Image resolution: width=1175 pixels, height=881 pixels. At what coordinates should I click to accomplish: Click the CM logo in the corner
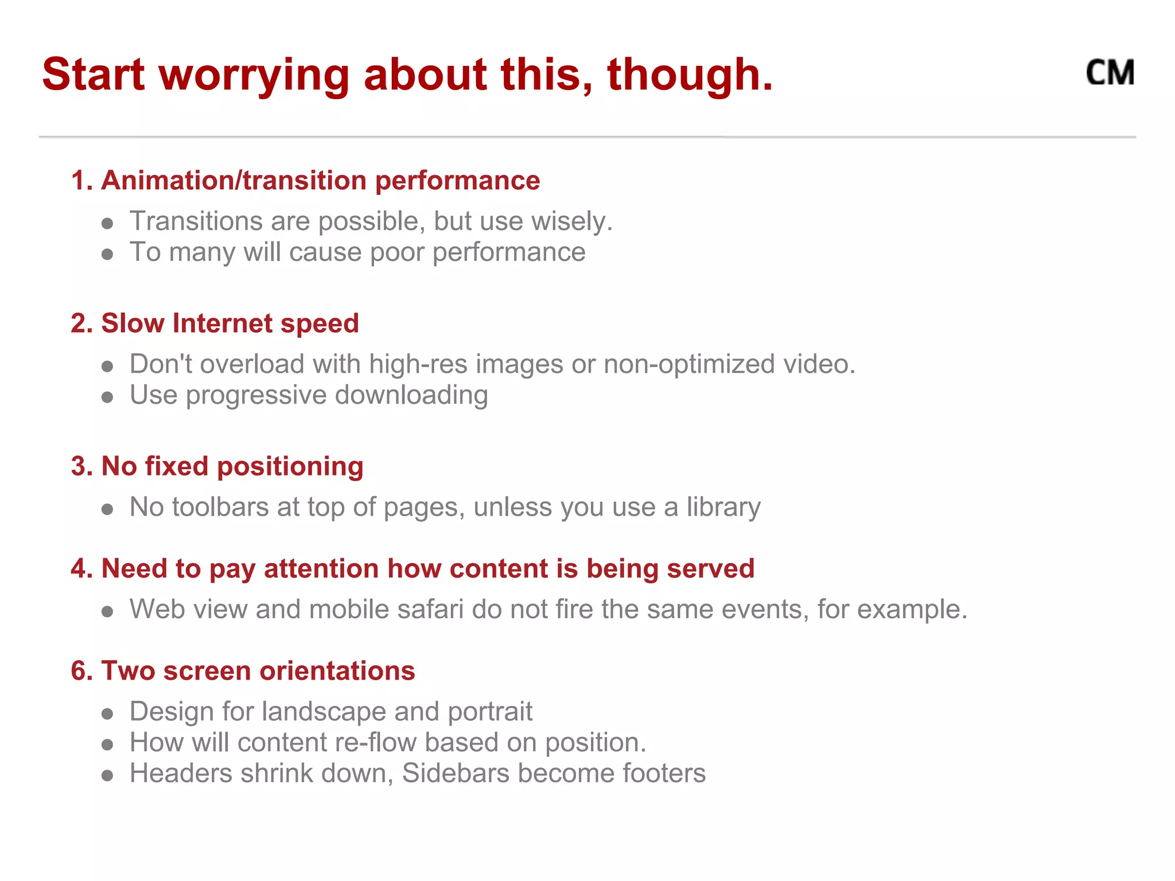1110,73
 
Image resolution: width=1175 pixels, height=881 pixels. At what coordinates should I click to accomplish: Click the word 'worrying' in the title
254,76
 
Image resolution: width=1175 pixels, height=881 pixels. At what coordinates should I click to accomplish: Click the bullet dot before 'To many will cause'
107,254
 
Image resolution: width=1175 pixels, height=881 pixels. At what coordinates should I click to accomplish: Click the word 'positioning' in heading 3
290,467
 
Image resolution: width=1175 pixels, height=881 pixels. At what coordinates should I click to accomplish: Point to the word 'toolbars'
220,507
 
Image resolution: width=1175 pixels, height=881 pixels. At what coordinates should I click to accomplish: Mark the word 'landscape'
324,712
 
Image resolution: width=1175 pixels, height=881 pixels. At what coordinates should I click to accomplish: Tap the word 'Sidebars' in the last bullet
456,773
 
